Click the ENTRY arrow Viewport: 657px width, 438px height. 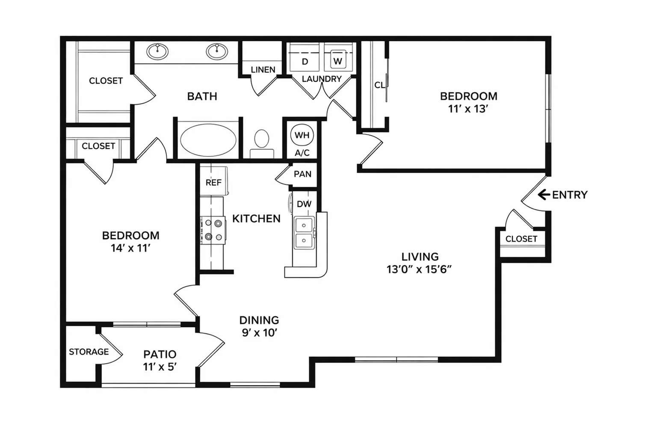click(x=544, y=195)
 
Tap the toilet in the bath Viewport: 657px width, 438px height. click(x=262, y=144)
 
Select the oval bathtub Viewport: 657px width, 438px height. click(x=208, y=140)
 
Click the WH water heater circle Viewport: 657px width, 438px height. click(x=302, y=135)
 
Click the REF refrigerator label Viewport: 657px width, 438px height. click(x=213, y=183)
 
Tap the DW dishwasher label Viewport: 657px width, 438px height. click(x=304, y=204)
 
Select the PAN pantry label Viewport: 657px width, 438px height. click(x=302, y=174)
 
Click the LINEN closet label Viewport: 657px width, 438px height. click(x=263, y=70)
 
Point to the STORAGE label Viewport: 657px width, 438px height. click(x=89, y=352)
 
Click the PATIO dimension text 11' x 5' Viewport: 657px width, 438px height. click(x=160, y=367)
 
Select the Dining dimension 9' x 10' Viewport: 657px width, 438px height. click(x=260, y=333)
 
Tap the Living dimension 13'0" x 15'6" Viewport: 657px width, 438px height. click(x=419, y=269)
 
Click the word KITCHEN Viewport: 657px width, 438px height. click(x=256, y=219)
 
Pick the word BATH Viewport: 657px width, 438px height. click(x=202, y=96)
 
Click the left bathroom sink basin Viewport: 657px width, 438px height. click(x=157, y=52)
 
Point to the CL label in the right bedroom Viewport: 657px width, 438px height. click(x=379, y=85)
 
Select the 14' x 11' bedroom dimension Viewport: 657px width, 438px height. click(x=130, y=248)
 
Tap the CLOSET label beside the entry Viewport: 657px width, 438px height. click(x=521, y=239)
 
